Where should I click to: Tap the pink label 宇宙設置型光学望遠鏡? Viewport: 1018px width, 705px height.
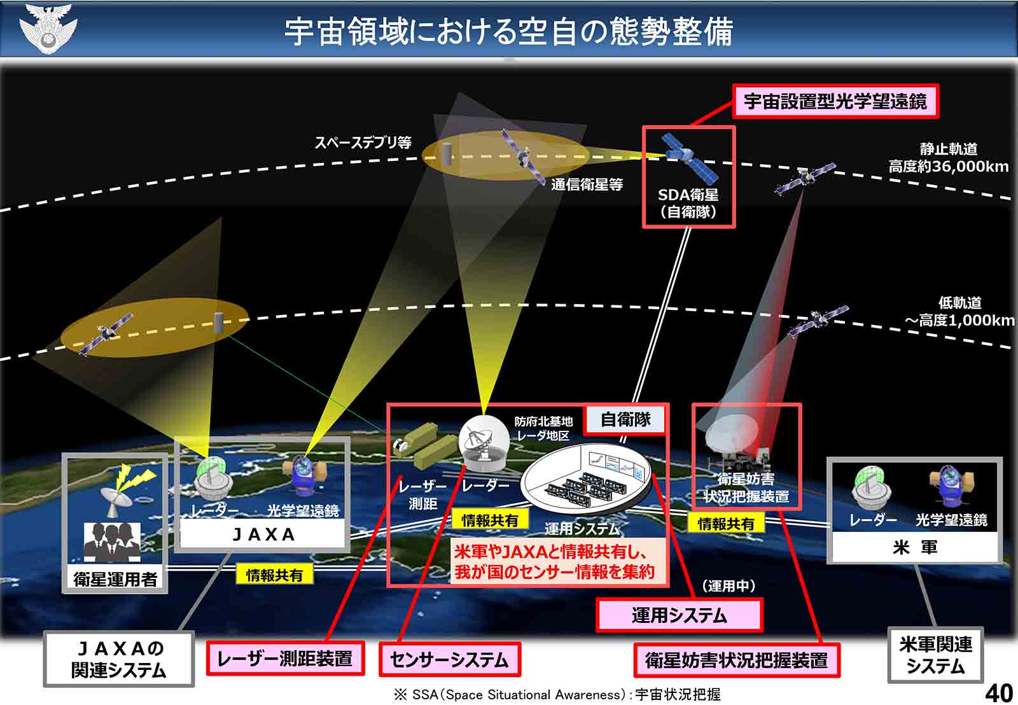pyautogui.click(x=835, y=101)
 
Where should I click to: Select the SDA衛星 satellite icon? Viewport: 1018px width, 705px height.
pyautogui.click(x=690, y=158)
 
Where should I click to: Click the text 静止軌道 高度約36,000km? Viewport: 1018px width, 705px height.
pyautogui.click(x=948, y=158)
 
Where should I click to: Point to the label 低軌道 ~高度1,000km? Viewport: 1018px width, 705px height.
pyautogui.click(x=959, y=311)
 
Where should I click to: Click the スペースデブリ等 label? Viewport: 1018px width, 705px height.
pyautogui.click(x=363, y=143)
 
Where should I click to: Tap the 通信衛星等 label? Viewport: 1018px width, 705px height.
pyautogui.click(x=587, y=185)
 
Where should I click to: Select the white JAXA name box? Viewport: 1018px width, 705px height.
pyautogui.click(x=263, y=534)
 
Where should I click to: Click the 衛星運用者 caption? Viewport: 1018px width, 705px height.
pyautogui.click(x=115, y=578)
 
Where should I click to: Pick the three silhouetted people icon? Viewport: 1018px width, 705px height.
pyautogui.click(x=112, y=543)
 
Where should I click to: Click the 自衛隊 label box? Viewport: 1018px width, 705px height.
pyautogui.click(x=626, y=419)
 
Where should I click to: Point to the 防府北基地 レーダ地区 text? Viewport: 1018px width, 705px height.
pyautogui.click(x=543, y=428)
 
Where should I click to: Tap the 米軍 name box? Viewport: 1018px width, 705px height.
pyautogui.click(x=915, y=547)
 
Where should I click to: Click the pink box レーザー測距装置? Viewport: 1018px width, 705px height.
pyautogui.click(x=285, y=658)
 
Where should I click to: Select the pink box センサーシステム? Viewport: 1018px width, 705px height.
pyautogui.click(x=449, y=659)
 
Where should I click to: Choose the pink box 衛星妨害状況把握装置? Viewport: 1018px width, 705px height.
pyautogui.click(x=737, y=660)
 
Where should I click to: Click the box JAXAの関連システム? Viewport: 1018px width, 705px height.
pyautogui.click(x=118, y=659)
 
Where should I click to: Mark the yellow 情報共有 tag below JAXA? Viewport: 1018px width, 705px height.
pyautogui.click(x=274, y=575)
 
